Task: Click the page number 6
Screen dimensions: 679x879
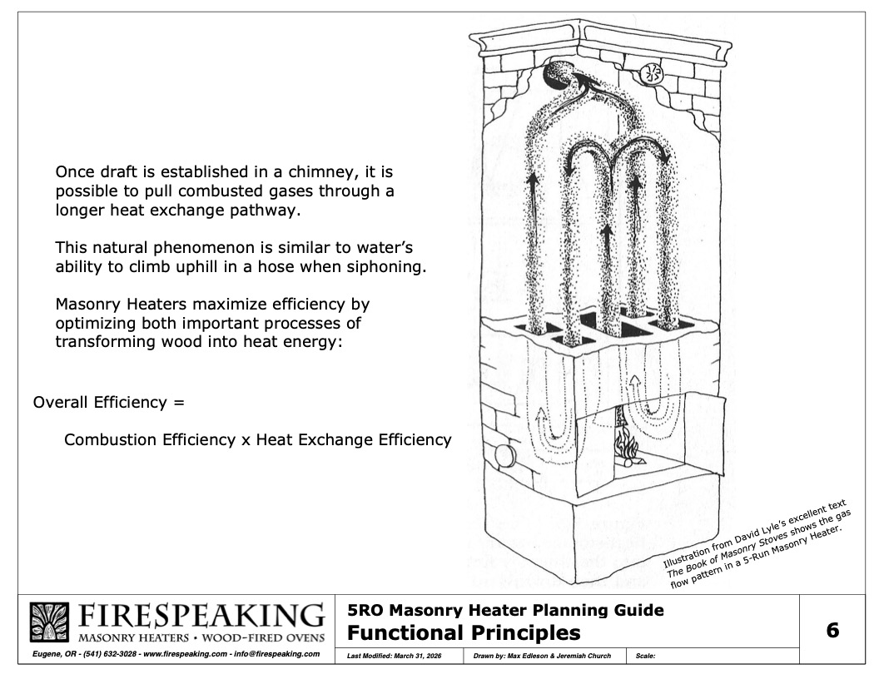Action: (x=832, y=630)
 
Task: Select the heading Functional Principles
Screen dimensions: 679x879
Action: (x=463, y=633)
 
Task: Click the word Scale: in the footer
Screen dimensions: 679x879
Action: (x=646, y=656)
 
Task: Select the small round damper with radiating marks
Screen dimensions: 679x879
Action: (x=652, y=73)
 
